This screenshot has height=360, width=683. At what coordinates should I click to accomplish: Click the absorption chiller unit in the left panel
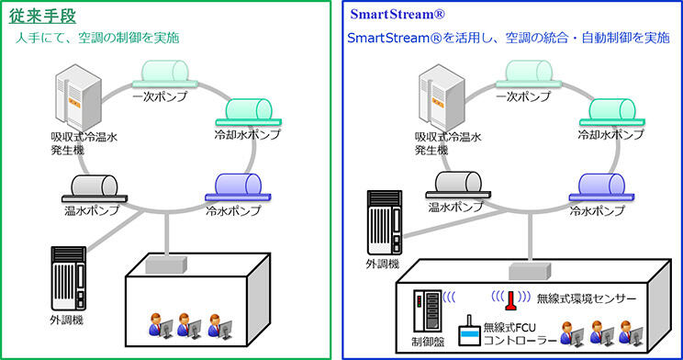pyautogui.click(x=78, y=96)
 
